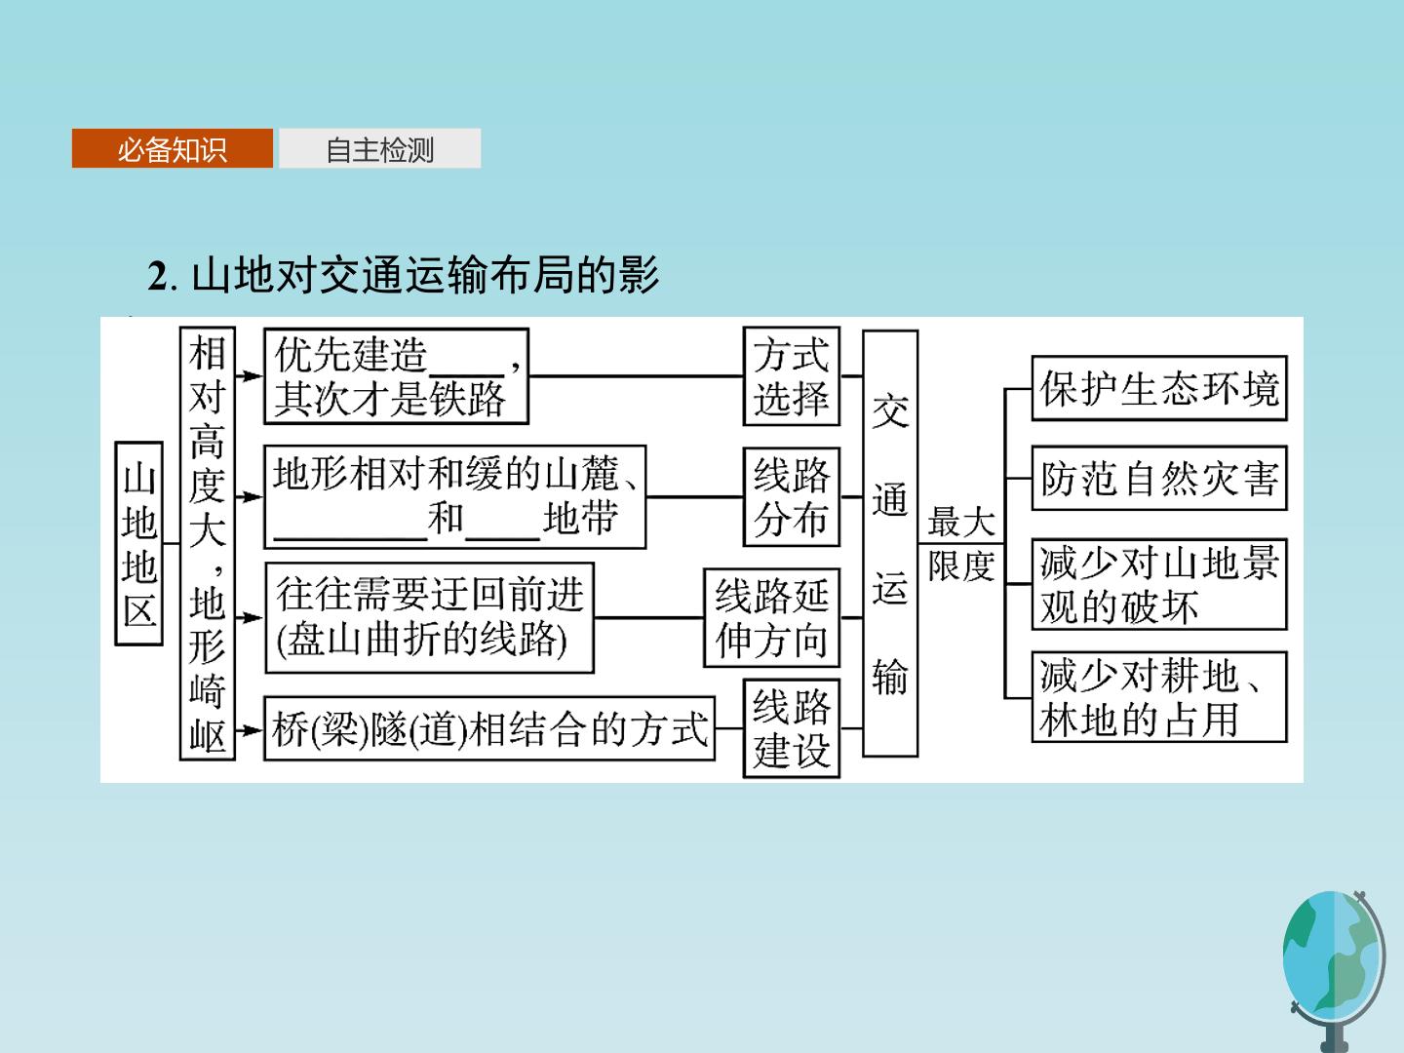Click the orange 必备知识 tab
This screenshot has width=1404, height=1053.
[x=172, y=148]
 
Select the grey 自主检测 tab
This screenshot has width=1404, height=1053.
[x=380, y=148]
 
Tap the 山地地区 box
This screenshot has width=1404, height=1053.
[x=138, y=543]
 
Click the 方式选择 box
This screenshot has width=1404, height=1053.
[x=792, y=376]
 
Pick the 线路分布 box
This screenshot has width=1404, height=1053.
[x=792, y=497]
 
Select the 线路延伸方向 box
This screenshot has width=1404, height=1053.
[x=771, y=617]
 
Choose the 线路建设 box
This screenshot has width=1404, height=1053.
[x=792, y=728]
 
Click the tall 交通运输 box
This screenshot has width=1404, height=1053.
[x=890, y=543]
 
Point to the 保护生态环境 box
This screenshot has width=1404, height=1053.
[x=1159, y=388]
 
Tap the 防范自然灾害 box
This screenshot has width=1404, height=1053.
[x=1159, y=478]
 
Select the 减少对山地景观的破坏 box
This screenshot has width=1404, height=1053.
[x=1159, y=584]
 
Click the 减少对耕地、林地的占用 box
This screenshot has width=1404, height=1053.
[x=1159, y=697]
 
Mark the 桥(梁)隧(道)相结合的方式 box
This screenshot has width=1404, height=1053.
[x=489, y=728]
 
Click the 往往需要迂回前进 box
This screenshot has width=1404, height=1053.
[x=429, y=617]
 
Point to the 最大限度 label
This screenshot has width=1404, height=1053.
[x=961, y=543]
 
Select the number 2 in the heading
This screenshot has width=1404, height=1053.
[x=157, y=276]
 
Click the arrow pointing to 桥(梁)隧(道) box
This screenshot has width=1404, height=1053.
[x=249, y=730]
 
